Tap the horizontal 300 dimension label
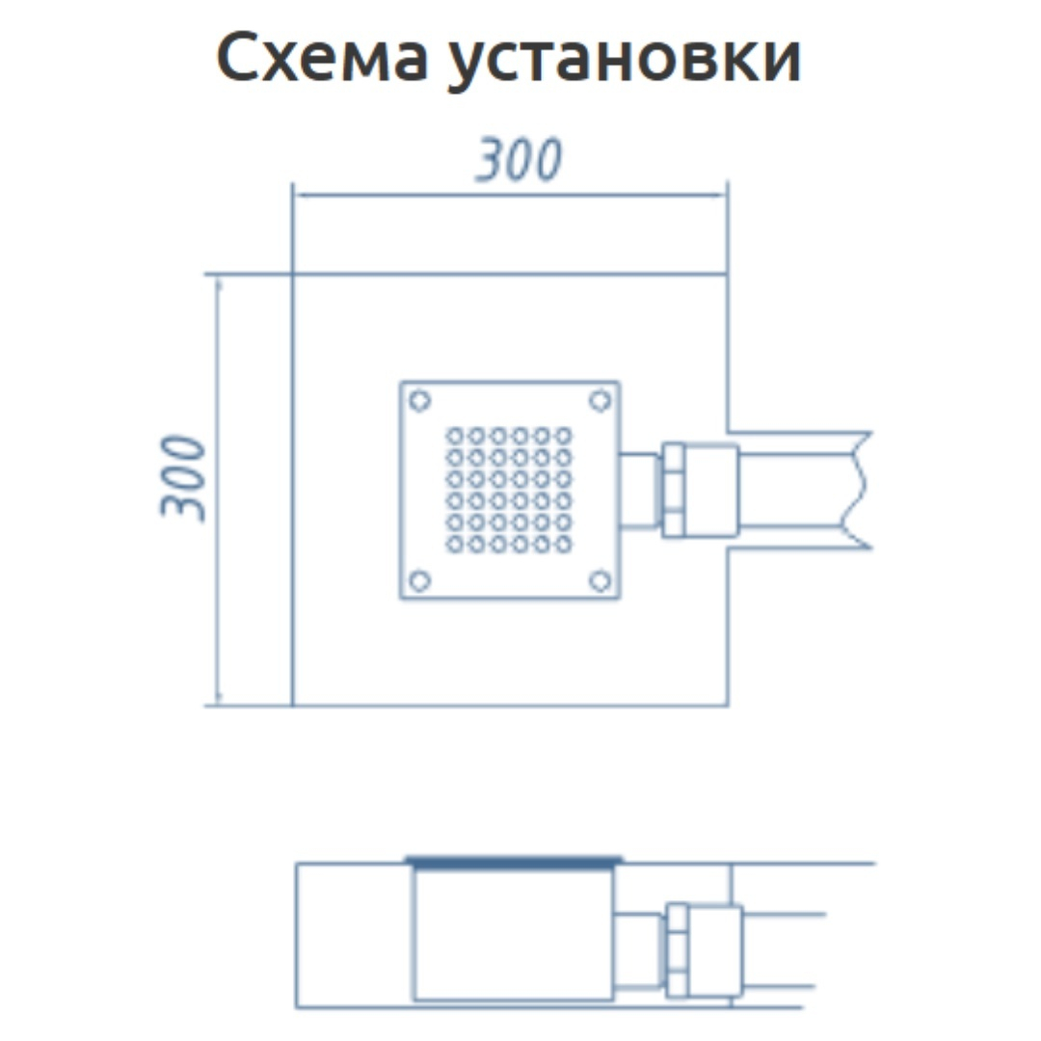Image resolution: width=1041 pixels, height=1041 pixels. (520, 159)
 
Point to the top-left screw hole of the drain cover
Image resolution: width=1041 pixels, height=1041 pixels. (419, 400)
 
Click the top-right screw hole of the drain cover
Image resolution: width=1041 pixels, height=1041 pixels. (601, 400)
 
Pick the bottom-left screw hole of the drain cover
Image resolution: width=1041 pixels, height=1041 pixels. (419, 581)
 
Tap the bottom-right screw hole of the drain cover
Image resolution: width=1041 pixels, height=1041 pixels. (601, 581)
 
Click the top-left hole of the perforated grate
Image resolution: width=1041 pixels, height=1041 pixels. (455, 437)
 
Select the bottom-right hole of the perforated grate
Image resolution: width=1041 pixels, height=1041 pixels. (563, 545)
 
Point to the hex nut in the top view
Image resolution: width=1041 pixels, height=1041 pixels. (673, 490)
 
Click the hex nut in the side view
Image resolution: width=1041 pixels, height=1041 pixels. (678, 950)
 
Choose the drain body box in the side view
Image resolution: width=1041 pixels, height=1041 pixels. (513, 933)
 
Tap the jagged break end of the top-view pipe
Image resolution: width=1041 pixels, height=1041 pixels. (859, 490)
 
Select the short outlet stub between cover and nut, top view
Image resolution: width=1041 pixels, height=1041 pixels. (640, 490)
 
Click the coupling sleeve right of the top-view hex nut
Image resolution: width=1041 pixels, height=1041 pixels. (711, 490)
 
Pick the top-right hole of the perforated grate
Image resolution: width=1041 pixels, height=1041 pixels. (563, 437)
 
